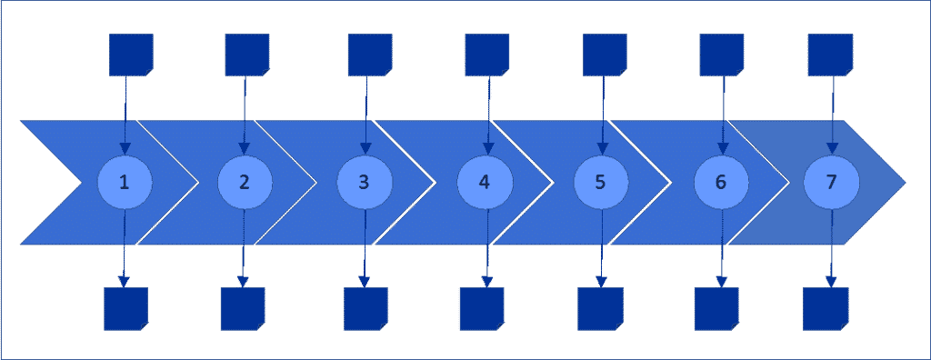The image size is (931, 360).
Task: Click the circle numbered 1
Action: tap(125, 182)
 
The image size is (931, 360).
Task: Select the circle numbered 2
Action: tap(245, 182)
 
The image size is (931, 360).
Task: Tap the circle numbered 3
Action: tap(365, 182)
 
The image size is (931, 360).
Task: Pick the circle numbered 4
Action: tap(485, 182)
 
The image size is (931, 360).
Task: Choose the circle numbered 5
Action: tap(601, 182)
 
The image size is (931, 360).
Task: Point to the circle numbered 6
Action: tap(721, 182)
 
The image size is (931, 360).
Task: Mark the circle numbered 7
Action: tap(831, 182)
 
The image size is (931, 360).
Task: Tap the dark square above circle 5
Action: tap(604, 55)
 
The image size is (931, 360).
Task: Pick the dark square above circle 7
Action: tap(830, 55)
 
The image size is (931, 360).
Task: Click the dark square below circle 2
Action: tap(243, 309)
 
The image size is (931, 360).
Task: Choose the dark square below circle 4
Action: tap(482, 309)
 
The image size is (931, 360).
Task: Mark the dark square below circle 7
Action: tap(826, 309)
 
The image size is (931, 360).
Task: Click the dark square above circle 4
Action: tap(487, 55)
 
